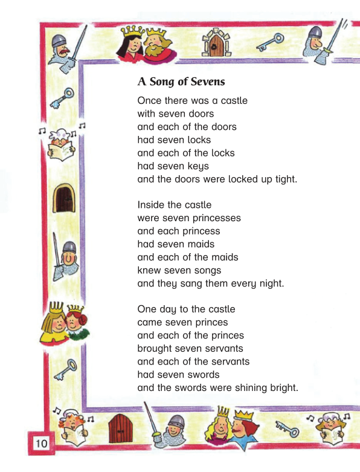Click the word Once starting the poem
point(150,100)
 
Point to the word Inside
point(152,205)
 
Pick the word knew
point(149,270)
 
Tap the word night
point(272,283)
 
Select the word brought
point(156,348)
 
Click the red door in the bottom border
point(120,429)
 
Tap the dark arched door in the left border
point(64,198)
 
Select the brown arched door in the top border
point(215,44)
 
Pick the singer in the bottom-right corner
point(329,427)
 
